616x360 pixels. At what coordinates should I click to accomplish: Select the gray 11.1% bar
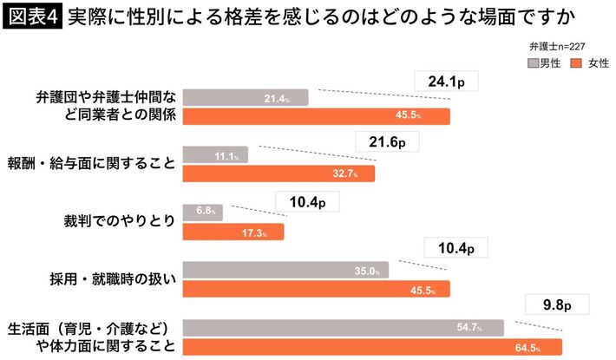215,154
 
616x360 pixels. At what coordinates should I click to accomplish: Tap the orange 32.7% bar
279,173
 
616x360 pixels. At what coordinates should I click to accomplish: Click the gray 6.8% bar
202,212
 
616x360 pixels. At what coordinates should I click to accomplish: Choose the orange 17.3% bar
233,231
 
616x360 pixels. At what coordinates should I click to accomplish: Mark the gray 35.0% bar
285,270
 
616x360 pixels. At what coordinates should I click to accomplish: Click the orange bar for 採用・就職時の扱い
316,289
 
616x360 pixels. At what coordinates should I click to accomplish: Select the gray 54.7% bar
344,328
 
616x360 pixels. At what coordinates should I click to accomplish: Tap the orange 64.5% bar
373,347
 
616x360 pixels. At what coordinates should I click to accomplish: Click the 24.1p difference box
447,82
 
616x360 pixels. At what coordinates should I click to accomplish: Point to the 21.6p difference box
388,141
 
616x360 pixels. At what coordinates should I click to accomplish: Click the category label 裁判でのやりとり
133,221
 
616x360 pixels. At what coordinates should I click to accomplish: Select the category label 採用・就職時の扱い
114,279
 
